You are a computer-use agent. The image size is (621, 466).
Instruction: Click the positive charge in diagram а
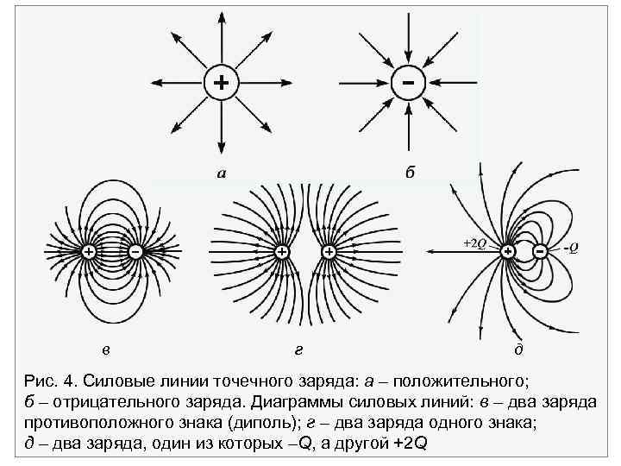(x=222, y=83)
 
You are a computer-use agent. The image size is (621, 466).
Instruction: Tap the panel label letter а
(x=222, y=173)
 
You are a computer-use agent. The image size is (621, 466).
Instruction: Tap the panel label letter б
(x=410, y=173)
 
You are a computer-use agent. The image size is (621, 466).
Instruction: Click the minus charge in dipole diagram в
(x=135, y=251)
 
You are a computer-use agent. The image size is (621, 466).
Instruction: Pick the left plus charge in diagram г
(x=281, y=251)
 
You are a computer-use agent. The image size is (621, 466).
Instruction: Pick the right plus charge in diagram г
(x=329, y=251)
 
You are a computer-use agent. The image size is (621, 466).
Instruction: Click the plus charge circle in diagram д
(x=508, y=251)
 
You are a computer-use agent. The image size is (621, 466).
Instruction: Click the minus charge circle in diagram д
(x=540, y=251)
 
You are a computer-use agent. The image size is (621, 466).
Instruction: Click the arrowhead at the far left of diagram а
(x=156, y=83)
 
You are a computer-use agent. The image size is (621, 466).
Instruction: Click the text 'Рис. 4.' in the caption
(x=53, y=381)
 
